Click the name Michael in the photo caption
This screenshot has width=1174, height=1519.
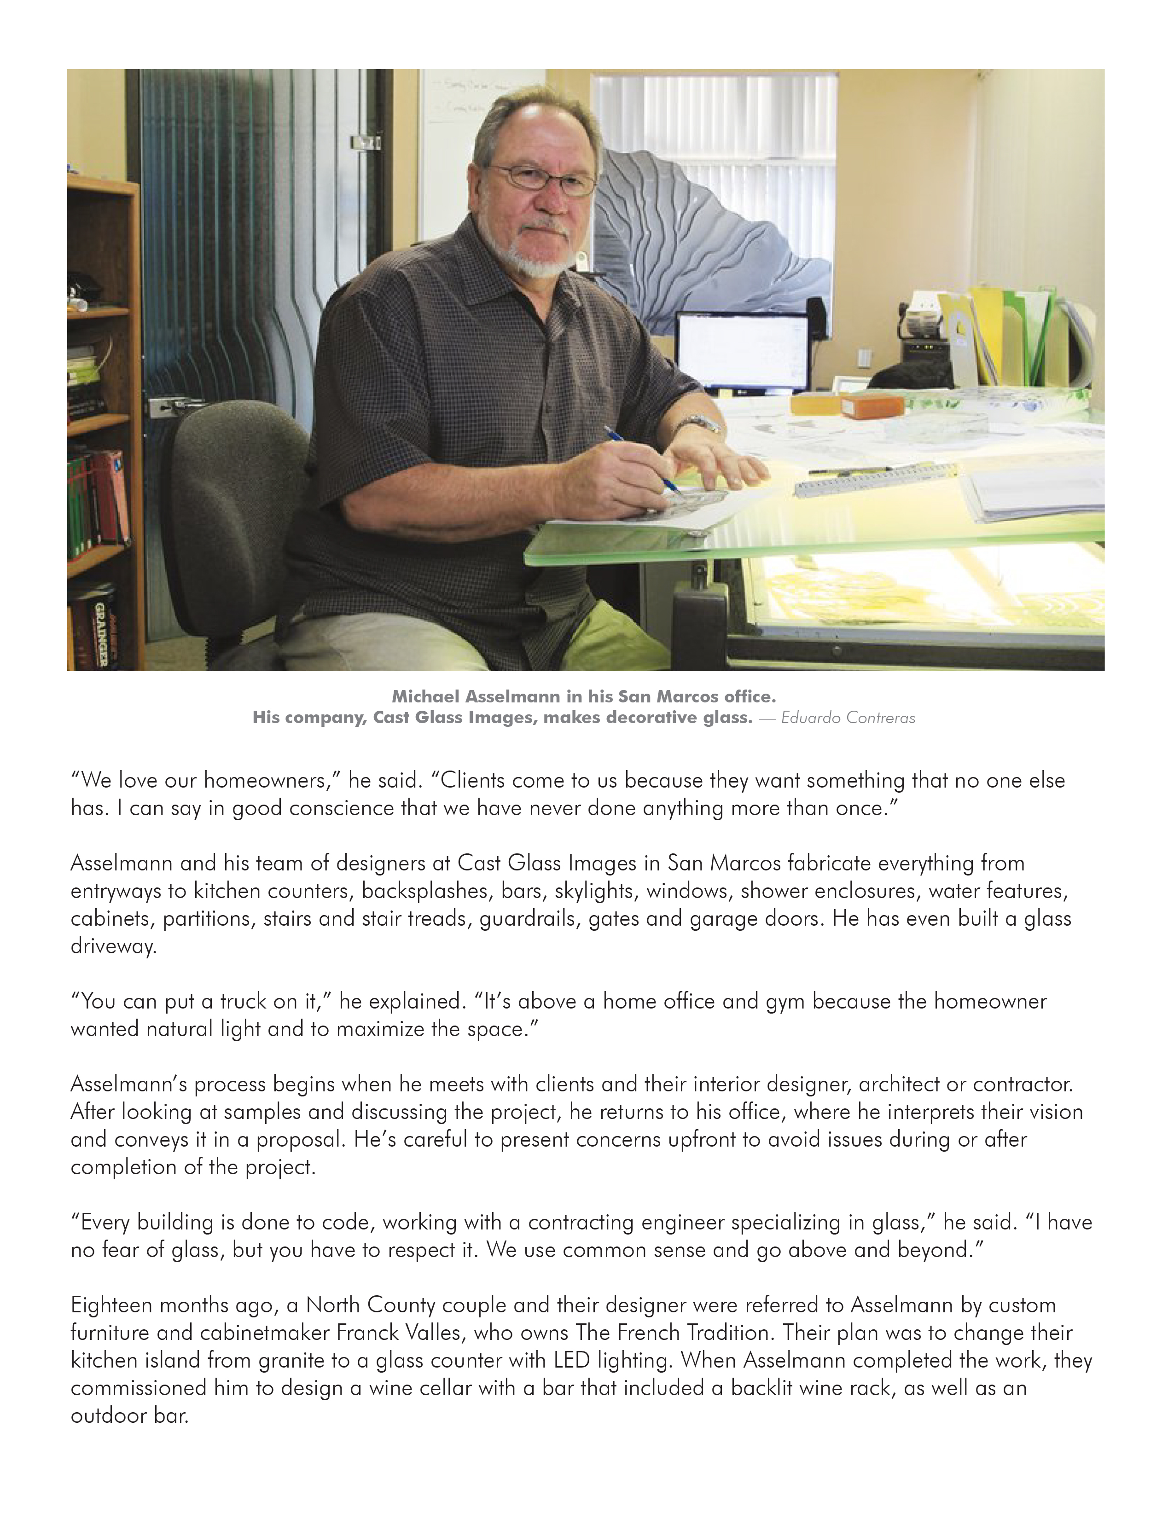coord(426,696)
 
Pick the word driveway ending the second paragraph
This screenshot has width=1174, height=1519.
coord(113,946)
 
